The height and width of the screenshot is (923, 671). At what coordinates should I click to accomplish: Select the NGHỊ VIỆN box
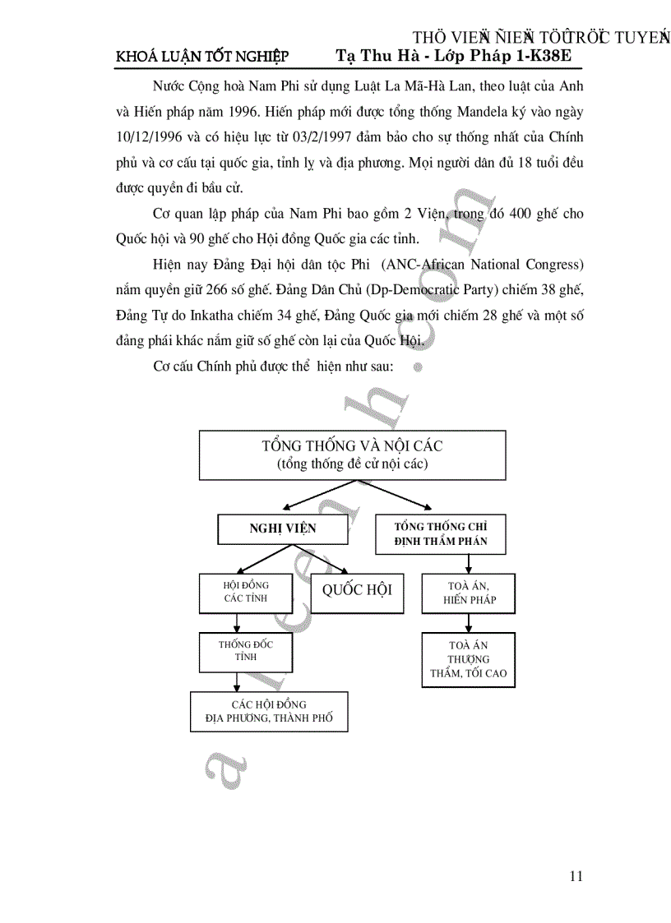click(x=282, y=528)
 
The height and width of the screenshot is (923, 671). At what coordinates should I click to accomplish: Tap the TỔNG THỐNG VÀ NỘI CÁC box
click(x=353, y=455)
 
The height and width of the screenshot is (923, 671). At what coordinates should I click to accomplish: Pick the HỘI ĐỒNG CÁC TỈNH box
click(x=246, y=592)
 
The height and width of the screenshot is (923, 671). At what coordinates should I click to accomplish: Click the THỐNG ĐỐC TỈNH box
click(x=246, y=650)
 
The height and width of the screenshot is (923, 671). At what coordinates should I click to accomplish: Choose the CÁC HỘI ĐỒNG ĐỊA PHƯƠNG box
click(x=269, y=712)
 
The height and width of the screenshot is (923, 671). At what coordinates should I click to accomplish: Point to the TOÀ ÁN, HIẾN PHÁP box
click(x=469, y=593)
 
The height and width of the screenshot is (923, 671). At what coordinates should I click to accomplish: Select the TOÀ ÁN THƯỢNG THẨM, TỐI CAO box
click(x=469, y=659)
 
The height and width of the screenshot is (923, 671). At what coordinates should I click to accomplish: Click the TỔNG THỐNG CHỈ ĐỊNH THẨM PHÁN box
click(x=441, y=534)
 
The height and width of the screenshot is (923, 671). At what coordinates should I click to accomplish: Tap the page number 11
click(x=576, y=876)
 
